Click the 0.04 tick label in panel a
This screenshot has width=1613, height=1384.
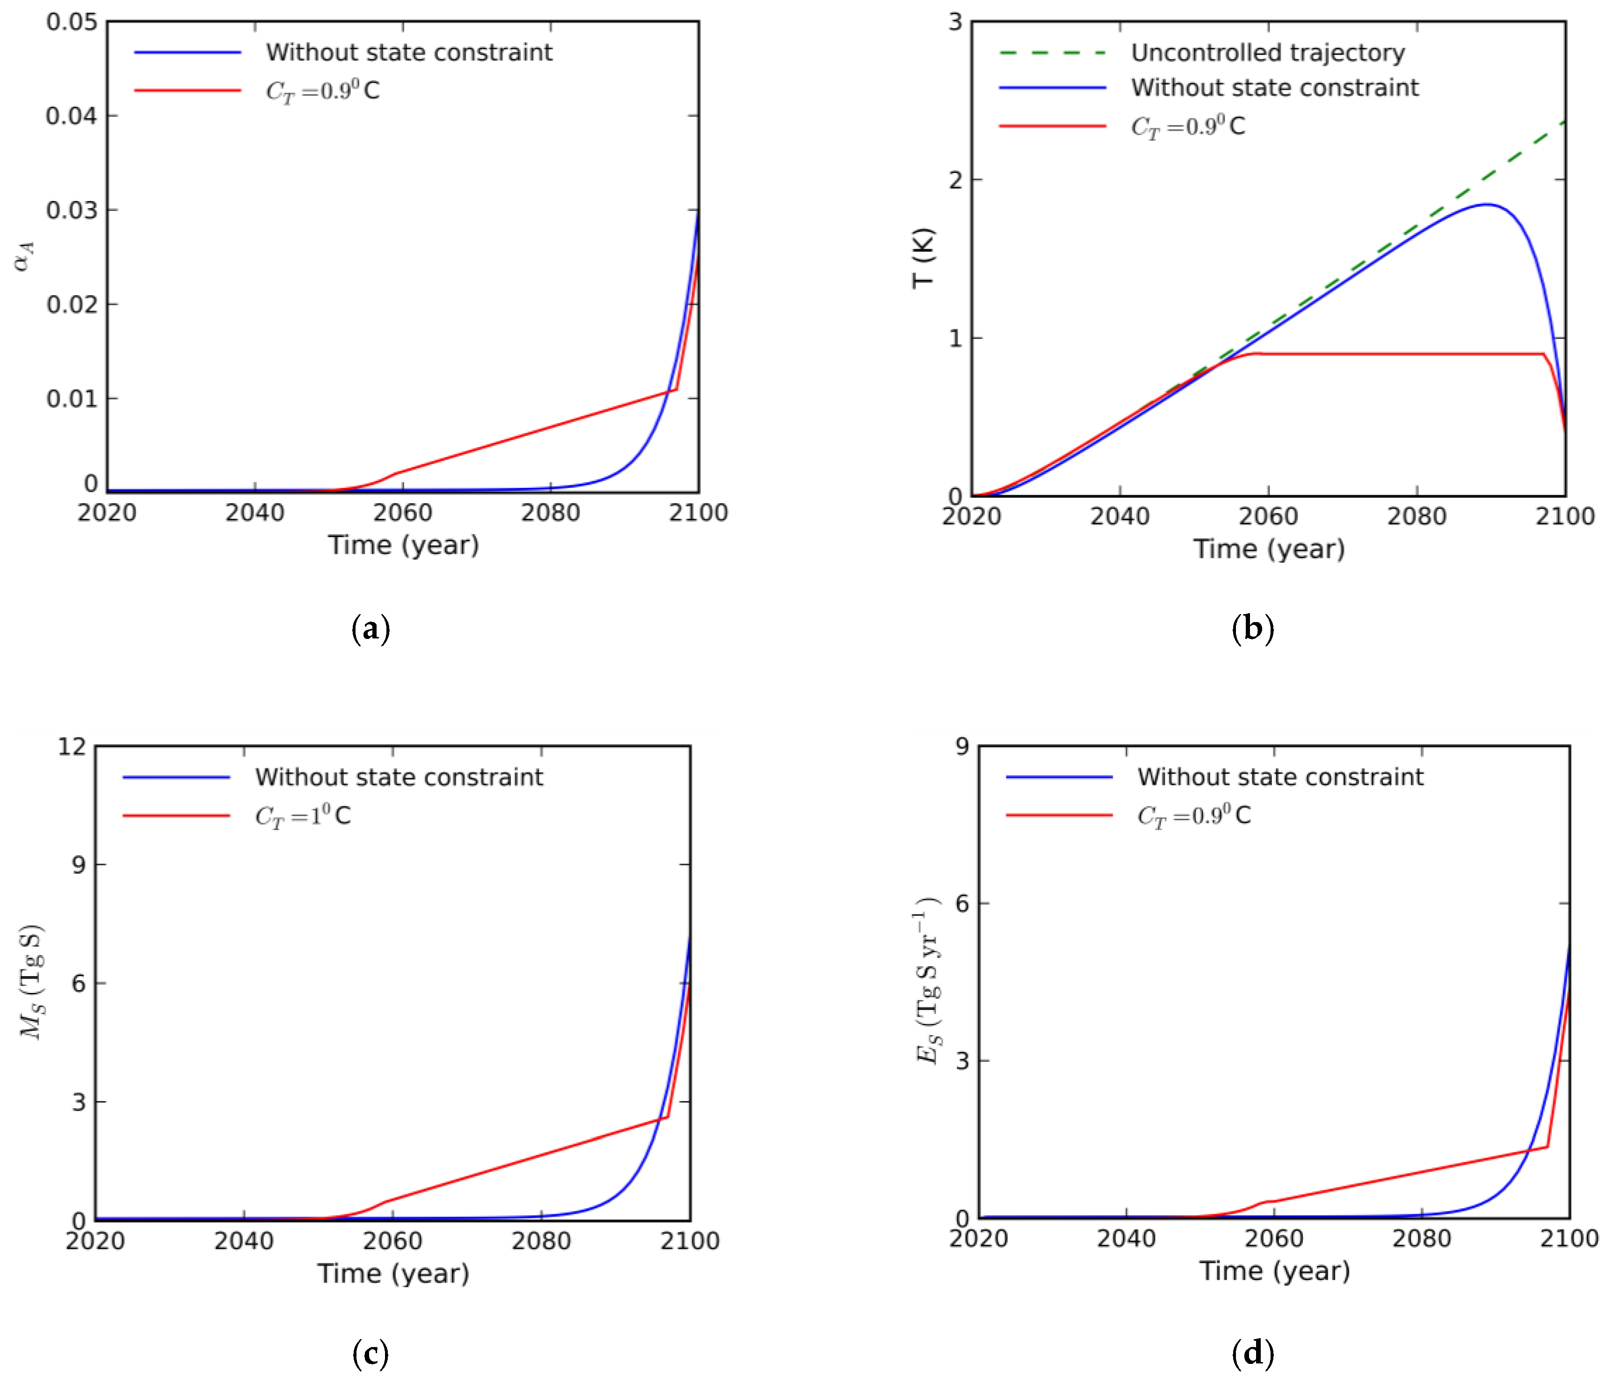[x=72, y=116]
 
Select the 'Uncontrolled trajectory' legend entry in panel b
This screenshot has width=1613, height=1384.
[x=1267, y=53]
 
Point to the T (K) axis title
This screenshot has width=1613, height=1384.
[x=923, y=258]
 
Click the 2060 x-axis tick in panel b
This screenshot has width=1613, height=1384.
[x=1268, y=516]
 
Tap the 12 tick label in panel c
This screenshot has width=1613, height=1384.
[x=73, y=746]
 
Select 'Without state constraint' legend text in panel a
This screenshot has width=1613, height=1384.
[x=409, y=53]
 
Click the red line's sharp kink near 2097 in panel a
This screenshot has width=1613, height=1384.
[x=676, y=389]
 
